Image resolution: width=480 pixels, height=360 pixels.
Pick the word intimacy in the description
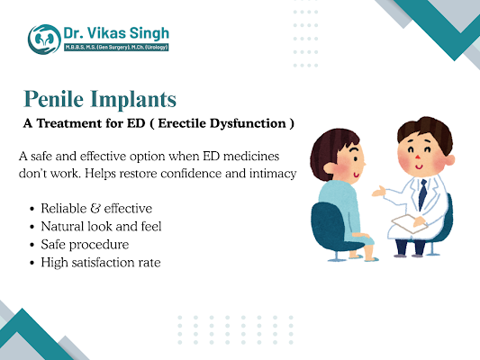[269, 173]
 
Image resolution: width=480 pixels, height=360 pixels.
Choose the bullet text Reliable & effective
[95, 209]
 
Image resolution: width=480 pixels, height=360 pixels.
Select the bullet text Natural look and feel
[100, 226]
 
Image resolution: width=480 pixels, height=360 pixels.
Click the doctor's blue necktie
[421, 192]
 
